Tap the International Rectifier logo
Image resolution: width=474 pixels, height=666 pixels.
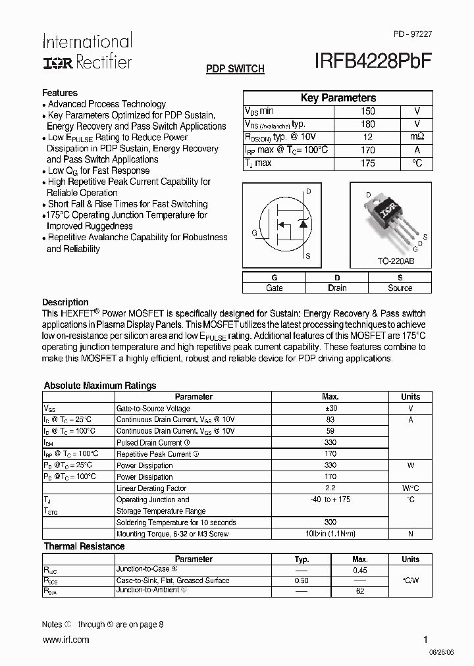click(87, 51)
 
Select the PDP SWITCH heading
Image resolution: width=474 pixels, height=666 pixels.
click(235, 69)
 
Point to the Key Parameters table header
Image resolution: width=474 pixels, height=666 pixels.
click(338, 98)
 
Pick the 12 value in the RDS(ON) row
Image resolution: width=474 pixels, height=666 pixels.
click(368, 137)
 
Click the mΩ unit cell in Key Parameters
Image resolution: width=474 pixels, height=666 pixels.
click(417, 137)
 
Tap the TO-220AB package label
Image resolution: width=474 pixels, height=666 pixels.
click(396, 261)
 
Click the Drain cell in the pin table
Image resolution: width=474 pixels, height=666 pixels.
click(337, 288)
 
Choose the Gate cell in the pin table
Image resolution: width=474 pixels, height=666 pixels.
click(274, 288)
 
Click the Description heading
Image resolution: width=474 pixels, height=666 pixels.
click(65, 302)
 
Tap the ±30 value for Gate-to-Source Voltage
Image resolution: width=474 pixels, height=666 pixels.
click(330, 408)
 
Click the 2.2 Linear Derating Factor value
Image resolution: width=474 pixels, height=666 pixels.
click(330, 488)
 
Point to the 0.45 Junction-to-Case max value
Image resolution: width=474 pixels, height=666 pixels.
click(360, 571)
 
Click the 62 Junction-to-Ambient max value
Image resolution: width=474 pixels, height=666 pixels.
click(360, 592)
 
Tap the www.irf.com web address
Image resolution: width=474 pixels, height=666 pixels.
click(65, 640)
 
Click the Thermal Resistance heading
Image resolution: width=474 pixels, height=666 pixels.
click(84, 546)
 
